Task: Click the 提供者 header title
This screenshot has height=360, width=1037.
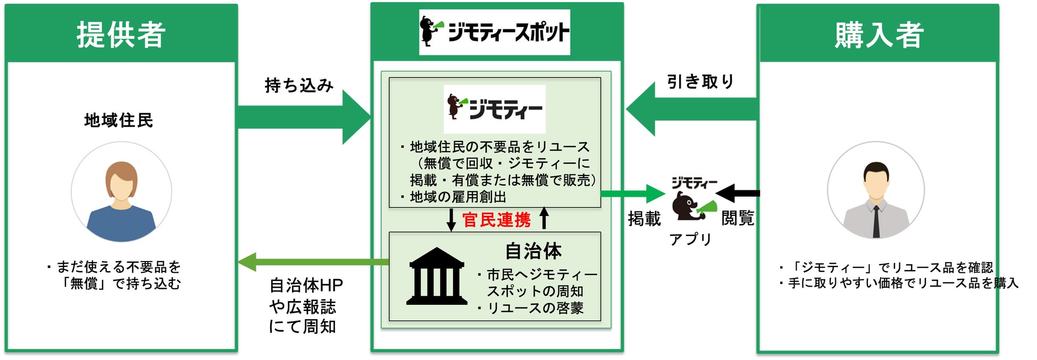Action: click(x=121, y=35)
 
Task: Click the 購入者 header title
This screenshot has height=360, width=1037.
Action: click(x=879, y=35)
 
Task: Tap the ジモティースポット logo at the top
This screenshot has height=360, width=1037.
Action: click(x=495, y=32)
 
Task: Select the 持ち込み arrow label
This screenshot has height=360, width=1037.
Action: click(x=299, y=85)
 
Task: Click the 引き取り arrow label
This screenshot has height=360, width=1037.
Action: click(x=700, y=82)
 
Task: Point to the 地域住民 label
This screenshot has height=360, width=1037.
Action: click(x=119, y=121)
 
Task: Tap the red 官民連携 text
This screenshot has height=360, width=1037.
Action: click(x=496, y=220)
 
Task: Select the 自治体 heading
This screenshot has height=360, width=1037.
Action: click(x=533, y=251)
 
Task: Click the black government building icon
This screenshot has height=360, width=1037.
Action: click(x=437, y=277)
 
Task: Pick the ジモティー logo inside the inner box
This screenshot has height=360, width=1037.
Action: click(x=495, y=108)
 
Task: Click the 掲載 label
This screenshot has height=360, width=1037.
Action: click(x=644, y=219)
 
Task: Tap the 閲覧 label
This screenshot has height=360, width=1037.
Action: click(x=738, y=218)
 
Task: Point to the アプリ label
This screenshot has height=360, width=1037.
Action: click(x=690, y=239)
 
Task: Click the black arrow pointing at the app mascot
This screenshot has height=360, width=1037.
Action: click(x=739, y=194)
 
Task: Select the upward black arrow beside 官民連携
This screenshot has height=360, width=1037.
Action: click(x=544, y=218)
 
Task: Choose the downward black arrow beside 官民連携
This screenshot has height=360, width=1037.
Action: click(x=451, y=220)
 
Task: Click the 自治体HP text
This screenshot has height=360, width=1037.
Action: click(x=306, y=286)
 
